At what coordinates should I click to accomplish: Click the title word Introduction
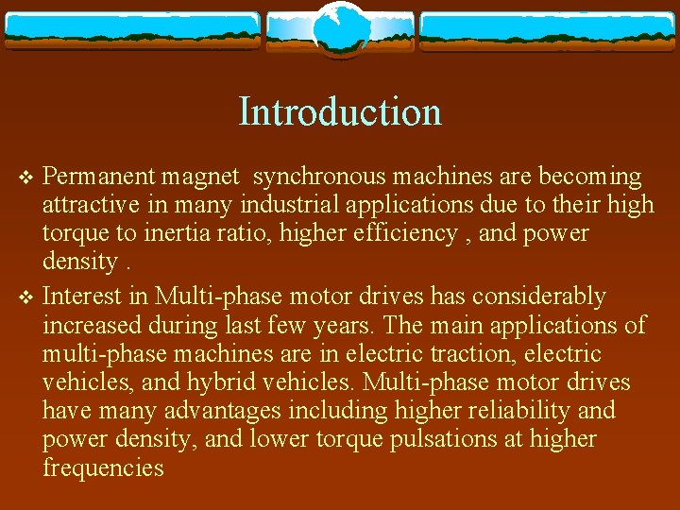coord(340,111)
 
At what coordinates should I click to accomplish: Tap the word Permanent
coord(100,177)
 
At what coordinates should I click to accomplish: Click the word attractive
coord(90,205)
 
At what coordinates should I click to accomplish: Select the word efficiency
coord(402,233)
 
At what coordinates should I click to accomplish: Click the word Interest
coord(82,297)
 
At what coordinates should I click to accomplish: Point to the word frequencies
coord(103,467)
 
